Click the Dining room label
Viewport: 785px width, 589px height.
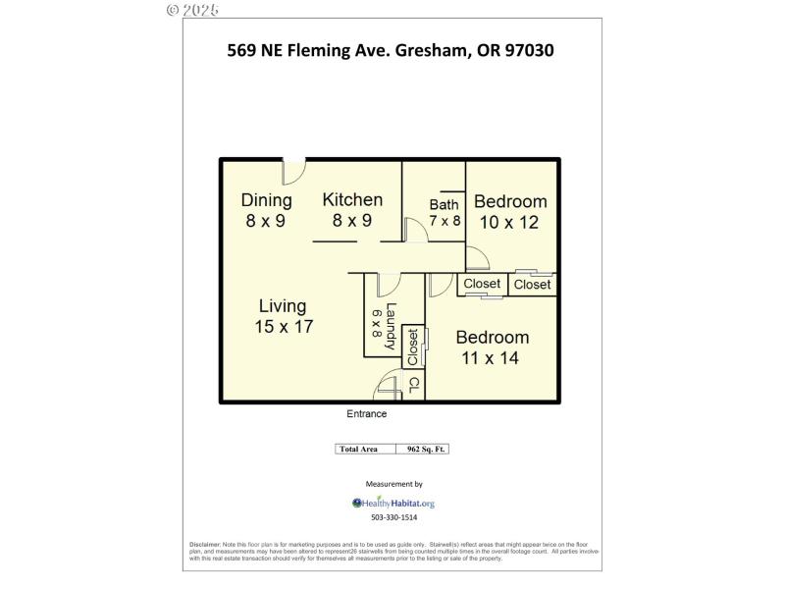tap(266, 210)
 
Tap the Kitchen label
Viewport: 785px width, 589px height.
tap(352, 209)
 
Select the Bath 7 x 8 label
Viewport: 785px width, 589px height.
tap(444, 212)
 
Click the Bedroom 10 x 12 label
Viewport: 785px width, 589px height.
tap(510, 211)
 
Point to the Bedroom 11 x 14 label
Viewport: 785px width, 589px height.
tap(492, 347)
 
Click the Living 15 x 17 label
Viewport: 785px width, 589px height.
tap(283, 316)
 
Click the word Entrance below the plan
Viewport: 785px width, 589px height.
tap(366, 414)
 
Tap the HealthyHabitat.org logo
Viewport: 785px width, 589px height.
tap(392, 503)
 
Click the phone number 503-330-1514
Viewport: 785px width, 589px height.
tap(393, 517)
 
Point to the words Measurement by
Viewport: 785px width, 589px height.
tap(393, 484)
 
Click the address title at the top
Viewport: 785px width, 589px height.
tap(391, 49)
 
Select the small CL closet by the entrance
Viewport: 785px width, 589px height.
tap(413, 384)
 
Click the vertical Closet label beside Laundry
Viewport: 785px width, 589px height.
tap(413, 347)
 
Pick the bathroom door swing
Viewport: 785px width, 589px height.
tap(415, 228)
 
